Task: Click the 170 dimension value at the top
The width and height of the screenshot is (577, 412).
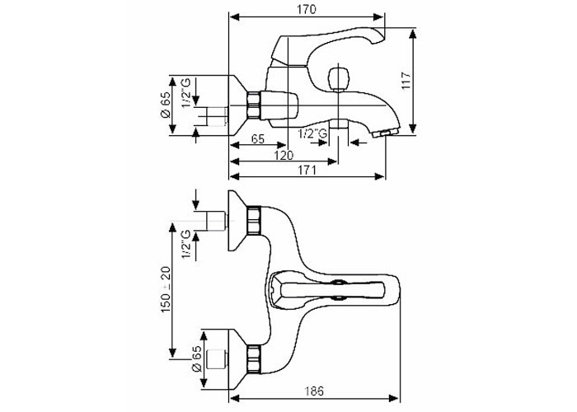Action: (306, 9)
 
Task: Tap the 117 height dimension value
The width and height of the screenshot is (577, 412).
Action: (406, 80)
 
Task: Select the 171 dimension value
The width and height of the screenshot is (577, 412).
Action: (307, 171)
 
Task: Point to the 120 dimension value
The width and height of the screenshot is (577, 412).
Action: (284, 155)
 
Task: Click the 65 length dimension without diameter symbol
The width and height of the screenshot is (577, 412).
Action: (257, 139)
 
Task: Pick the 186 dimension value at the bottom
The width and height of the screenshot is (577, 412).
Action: (314, 391)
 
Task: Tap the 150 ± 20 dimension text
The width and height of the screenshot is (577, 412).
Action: (166, 289)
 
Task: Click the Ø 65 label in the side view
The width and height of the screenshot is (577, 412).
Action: (166, 105)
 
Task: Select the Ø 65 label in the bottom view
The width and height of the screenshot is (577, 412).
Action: (197, 358)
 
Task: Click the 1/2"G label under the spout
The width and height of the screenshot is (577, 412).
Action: (312, 133)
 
